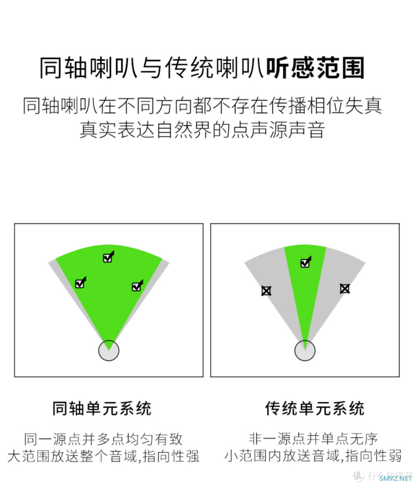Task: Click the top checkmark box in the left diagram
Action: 108,257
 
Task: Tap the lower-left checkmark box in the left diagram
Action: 80,283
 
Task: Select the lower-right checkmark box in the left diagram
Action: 137,286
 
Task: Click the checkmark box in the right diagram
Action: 306,262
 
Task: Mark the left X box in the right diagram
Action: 266,291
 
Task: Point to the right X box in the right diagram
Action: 345,289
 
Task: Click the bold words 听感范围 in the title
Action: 315,68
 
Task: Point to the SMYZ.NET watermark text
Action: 396,478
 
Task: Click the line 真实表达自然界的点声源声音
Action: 202,130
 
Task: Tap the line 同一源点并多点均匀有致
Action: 103,439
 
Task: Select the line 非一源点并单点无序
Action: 314,439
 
